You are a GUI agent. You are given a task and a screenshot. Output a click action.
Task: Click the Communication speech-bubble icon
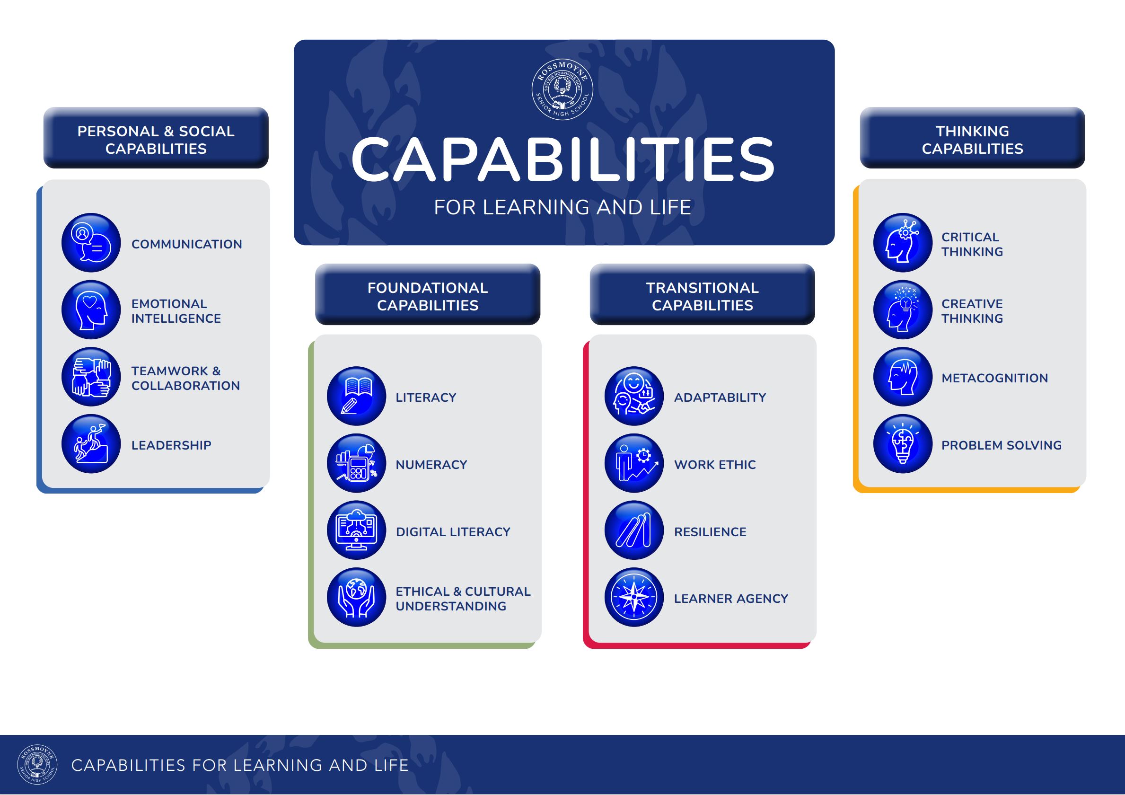tap(91, 243)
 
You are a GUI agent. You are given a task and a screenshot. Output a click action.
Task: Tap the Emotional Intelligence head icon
tap(91, 310)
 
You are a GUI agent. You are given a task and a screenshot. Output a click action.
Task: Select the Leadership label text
tap(171, 445)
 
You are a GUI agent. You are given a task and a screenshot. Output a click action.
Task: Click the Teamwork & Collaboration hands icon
tap(91, 377)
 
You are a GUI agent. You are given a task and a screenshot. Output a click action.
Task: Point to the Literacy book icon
tap(357, 396)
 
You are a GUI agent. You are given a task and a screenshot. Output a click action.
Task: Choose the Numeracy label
tap(431, 465)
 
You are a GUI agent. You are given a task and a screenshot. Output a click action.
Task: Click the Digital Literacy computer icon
tap(357, 530)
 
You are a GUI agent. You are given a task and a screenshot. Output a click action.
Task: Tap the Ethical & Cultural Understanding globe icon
tap(357, 598)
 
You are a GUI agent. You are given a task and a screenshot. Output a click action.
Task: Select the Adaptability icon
tap(634, 396)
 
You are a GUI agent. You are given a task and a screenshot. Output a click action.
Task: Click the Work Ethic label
tap(715, 465)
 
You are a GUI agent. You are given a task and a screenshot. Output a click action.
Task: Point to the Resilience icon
tap(634, 530)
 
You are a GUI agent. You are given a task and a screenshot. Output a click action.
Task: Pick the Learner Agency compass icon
tap(634, 598)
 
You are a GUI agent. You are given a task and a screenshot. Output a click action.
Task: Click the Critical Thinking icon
tap(903, 243)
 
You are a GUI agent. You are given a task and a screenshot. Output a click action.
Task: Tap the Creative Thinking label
tap(972, 311)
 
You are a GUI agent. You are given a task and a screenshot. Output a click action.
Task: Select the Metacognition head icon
tap(903, 377)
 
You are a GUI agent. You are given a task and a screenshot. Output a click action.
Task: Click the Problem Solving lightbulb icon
tap(903, 444)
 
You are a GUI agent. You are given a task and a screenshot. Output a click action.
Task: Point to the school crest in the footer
tap(37, 765)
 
